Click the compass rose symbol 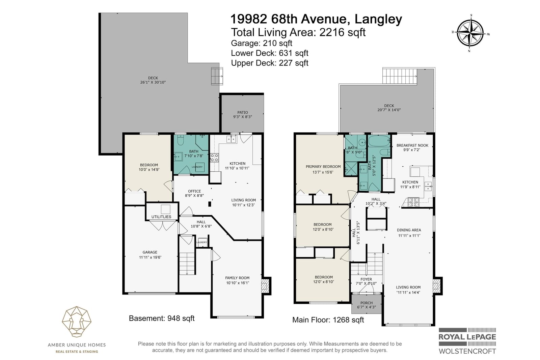point(470,33)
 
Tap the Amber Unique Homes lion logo point(77,322)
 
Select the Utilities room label point(161,217)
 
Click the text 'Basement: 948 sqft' point(162,318)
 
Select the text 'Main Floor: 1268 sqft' point(328,320)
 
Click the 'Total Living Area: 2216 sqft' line point(298,32)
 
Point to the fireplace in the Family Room point(265,286)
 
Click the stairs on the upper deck point(400,76)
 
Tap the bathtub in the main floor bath point(379,141)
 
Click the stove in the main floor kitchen point(413,202)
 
